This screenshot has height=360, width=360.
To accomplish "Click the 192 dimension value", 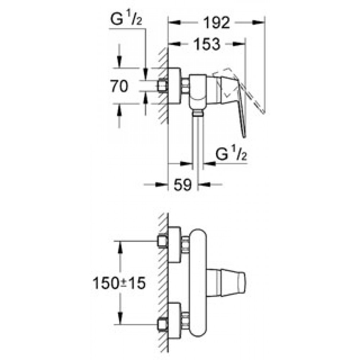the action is (216, 22).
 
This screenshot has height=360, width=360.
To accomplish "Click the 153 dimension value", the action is (207, 44).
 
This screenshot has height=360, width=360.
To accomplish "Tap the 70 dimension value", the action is (119, 86).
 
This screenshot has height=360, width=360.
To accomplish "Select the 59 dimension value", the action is (183, 184).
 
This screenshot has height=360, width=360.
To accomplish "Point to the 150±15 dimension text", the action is (119, 283).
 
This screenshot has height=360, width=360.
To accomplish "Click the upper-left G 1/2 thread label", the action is (126, 19).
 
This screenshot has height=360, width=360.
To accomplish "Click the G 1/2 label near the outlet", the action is (231, 154).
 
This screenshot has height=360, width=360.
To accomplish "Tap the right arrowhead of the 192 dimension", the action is (258, 22).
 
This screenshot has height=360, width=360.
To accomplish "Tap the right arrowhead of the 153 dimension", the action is (239, 44).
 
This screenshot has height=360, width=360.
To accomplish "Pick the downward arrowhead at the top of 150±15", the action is (119, 248).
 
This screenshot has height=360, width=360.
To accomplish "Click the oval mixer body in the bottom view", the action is (198, 283).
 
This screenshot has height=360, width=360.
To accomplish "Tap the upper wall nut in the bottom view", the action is (163, 241).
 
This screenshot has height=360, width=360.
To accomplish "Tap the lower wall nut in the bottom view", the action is (163, 324).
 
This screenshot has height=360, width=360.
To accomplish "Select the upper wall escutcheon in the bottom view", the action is (174, 244).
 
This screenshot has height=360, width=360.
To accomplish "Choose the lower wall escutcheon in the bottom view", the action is (174, 320).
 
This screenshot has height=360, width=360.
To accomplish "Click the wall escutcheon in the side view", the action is (174, 86).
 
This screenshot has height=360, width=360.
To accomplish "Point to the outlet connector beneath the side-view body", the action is (198, 113).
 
